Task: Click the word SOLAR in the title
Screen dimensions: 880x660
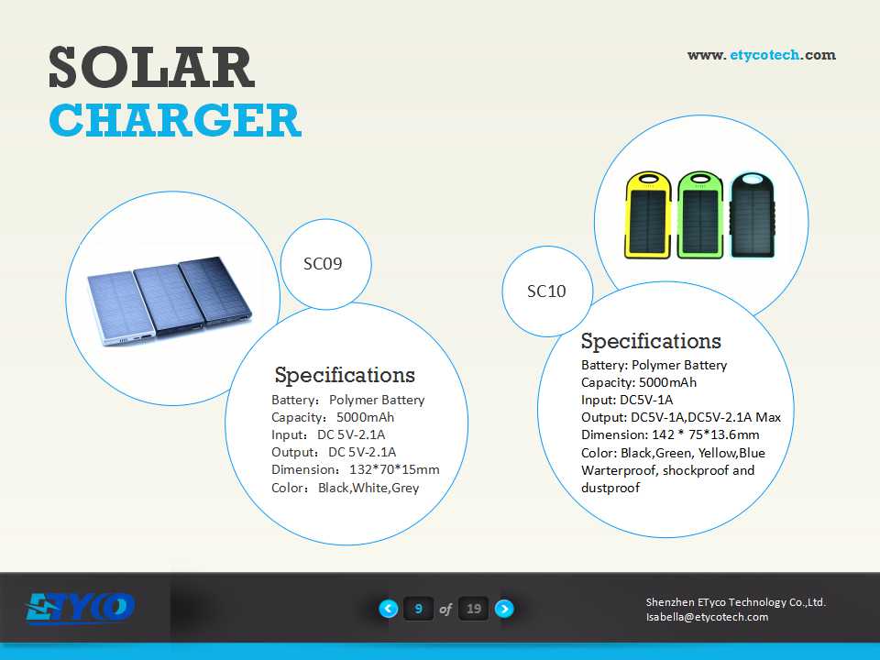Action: pos(151,67)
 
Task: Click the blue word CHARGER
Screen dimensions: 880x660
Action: pos(175,120)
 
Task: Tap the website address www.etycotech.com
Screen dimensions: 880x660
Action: pos(762,55)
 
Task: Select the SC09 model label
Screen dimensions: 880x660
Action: pos(323,264)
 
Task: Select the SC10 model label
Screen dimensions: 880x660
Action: pos(546,291)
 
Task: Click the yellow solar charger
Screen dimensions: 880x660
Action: pos(648,214)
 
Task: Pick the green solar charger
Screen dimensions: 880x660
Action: pos(699,214)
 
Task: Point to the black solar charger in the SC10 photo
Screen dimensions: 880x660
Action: pos(752,214)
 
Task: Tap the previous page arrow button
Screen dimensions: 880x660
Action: pos(389,609)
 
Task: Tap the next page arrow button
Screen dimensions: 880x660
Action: pos(504,609)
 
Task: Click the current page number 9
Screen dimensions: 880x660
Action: pos(418,609)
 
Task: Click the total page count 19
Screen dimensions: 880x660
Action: pos(474,609)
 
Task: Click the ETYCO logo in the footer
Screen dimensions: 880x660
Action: pos(80,609)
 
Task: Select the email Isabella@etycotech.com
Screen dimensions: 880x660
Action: pos(707,617)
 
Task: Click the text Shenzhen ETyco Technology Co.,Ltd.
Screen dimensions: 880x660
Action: pos(736,602)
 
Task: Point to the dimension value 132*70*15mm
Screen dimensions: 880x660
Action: pos(394,469)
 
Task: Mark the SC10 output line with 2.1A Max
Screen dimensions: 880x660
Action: pos(681,418)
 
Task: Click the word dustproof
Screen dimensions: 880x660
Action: pos(610,488)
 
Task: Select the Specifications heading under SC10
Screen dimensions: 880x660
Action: pos(651,341)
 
